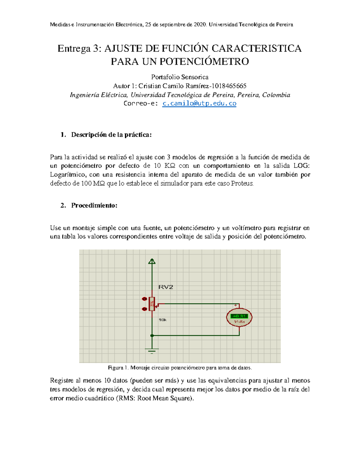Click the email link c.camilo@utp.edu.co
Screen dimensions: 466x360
pos(199,104)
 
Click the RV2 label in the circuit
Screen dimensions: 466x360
pos(166,287)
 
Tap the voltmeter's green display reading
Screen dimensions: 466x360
pos(239,316)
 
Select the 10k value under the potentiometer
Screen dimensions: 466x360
pos(163,320)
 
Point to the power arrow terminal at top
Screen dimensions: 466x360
pos(152,261)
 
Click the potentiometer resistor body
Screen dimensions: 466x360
pos(152,304)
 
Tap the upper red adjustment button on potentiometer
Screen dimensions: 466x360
pos(144,299)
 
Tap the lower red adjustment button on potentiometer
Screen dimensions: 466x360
pos(144,309)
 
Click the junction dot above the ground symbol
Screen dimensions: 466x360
pos(152,335)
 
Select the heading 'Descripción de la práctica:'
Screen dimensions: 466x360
pos(111,135)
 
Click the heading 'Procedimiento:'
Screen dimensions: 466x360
pos(94,206)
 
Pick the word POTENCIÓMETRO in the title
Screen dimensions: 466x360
pos(204,62)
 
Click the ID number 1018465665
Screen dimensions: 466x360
pos(229,86)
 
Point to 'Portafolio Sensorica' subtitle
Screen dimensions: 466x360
pos(180,77)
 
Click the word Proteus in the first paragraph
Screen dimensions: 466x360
pos(242,184)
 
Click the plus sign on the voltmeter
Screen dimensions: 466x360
pos(236,305)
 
